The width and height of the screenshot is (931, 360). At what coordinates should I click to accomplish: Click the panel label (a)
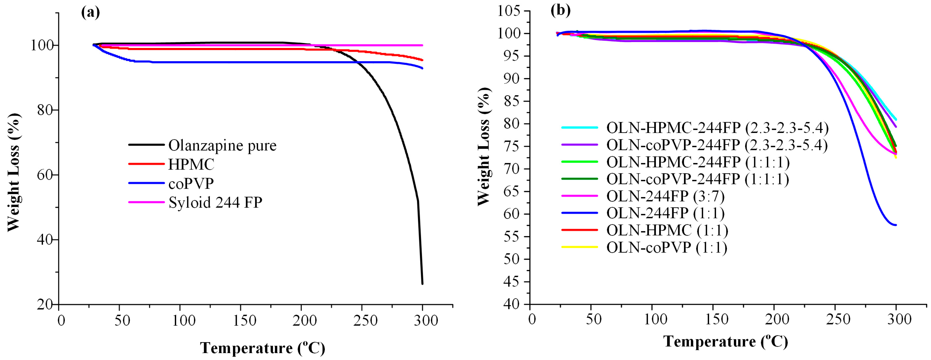[x=90, y=12]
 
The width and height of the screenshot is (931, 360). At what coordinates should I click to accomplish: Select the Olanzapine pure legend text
[x=222, y=145]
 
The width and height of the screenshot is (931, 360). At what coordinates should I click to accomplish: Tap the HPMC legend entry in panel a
[x=191, y=164]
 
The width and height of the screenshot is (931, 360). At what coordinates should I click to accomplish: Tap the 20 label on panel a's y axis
[x=45, y=305]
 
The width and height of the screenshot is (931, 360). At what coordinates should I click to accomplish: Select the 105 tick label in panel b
[x=509, y=11]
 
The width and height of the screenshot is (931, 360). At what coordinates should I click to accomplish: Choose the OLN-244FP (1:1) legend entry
[x=665, y=213]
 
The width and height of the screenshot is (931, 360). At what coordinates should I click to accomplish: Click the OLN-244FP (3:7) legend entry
[x=665, y=196]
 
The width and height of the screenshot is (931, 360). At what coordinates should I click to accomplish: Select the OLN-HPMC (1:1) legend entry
[x=667, y=230]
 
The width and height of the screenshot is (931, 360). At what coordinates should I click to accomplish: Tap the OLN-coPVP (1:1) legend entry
[x=667, y=248]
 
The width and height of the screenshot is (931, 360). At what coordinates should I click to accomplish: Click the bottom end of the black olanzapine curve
[x=422, y=283]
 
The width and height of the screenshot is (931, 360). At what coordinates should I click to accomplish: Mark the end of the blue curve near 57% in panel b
[x=896, y=225]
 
